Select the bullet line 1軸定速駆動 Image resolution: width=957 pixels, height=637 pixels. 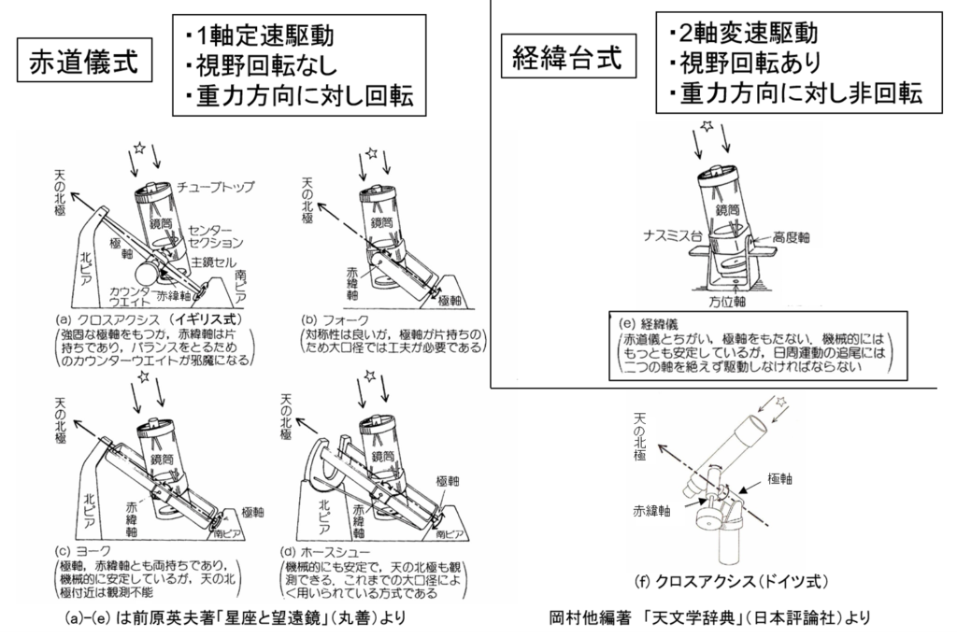tap(264, 36)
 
